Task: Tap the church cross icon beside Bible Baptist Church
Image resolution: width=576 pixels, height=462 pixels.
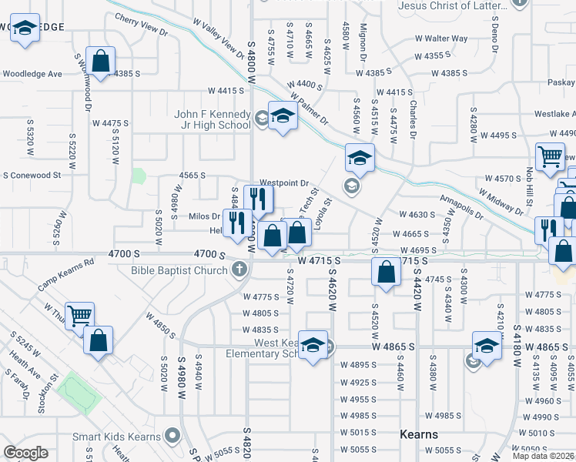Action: click(239, 269)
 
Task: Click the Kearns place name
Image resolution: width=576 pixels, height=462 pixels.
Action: click(419, 434)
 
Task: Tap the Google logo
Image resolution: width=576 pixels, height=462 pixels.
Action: click(26, 453)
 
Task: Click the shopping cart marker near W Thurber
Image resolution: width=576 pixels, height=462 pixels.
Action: click(79, 316)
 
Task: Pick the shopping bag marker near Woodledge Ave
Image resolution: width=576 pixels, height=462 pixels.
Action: click(100, 59)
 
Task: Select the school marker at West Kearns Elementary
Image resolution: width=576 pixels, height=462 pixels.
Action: click(313, 345)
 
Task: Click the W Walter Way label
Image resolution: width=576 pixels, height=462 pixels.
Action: click(441, 38)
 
